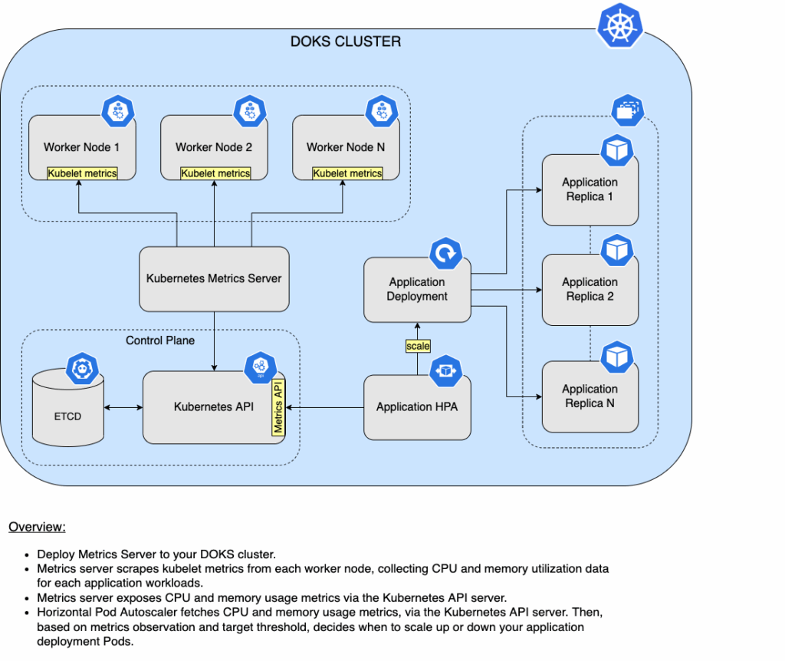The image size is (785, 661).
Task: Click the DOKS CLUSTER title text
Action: coord(345,41)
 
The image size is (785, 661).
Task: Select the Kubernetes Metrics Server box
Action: coord(214,278)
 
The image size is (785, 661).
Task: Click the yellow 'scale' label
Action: coord(418,346)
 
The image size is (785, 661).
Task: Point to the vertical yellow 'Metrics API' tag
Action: coord(278,407)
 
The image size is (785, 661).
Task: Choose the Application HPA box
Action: coord(417,407)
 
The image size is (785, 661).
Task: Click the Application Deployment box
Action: coord(417,289)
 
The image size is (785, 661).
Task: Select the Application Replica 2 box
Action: coord(590,289)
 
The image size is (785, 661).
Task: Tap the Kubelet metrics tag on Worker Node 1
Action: coord(82,173)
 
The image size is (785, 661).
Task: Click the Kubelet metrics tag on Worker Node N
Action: coord(347,173)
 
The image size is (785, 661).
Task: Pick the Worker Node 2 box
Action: coord(214,146)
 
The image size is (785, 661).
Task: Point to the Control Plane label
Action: coord(160,340)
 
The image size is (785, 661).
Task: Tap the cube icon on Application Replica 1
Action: coord(616,151)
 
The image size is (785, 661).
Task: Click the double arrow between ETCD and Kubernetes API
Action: coord(123,407)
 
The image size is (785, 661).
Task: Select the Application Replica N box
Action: coord(590,396)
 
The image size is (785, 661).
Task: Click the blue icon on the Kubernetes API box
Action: coord(261,368)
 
